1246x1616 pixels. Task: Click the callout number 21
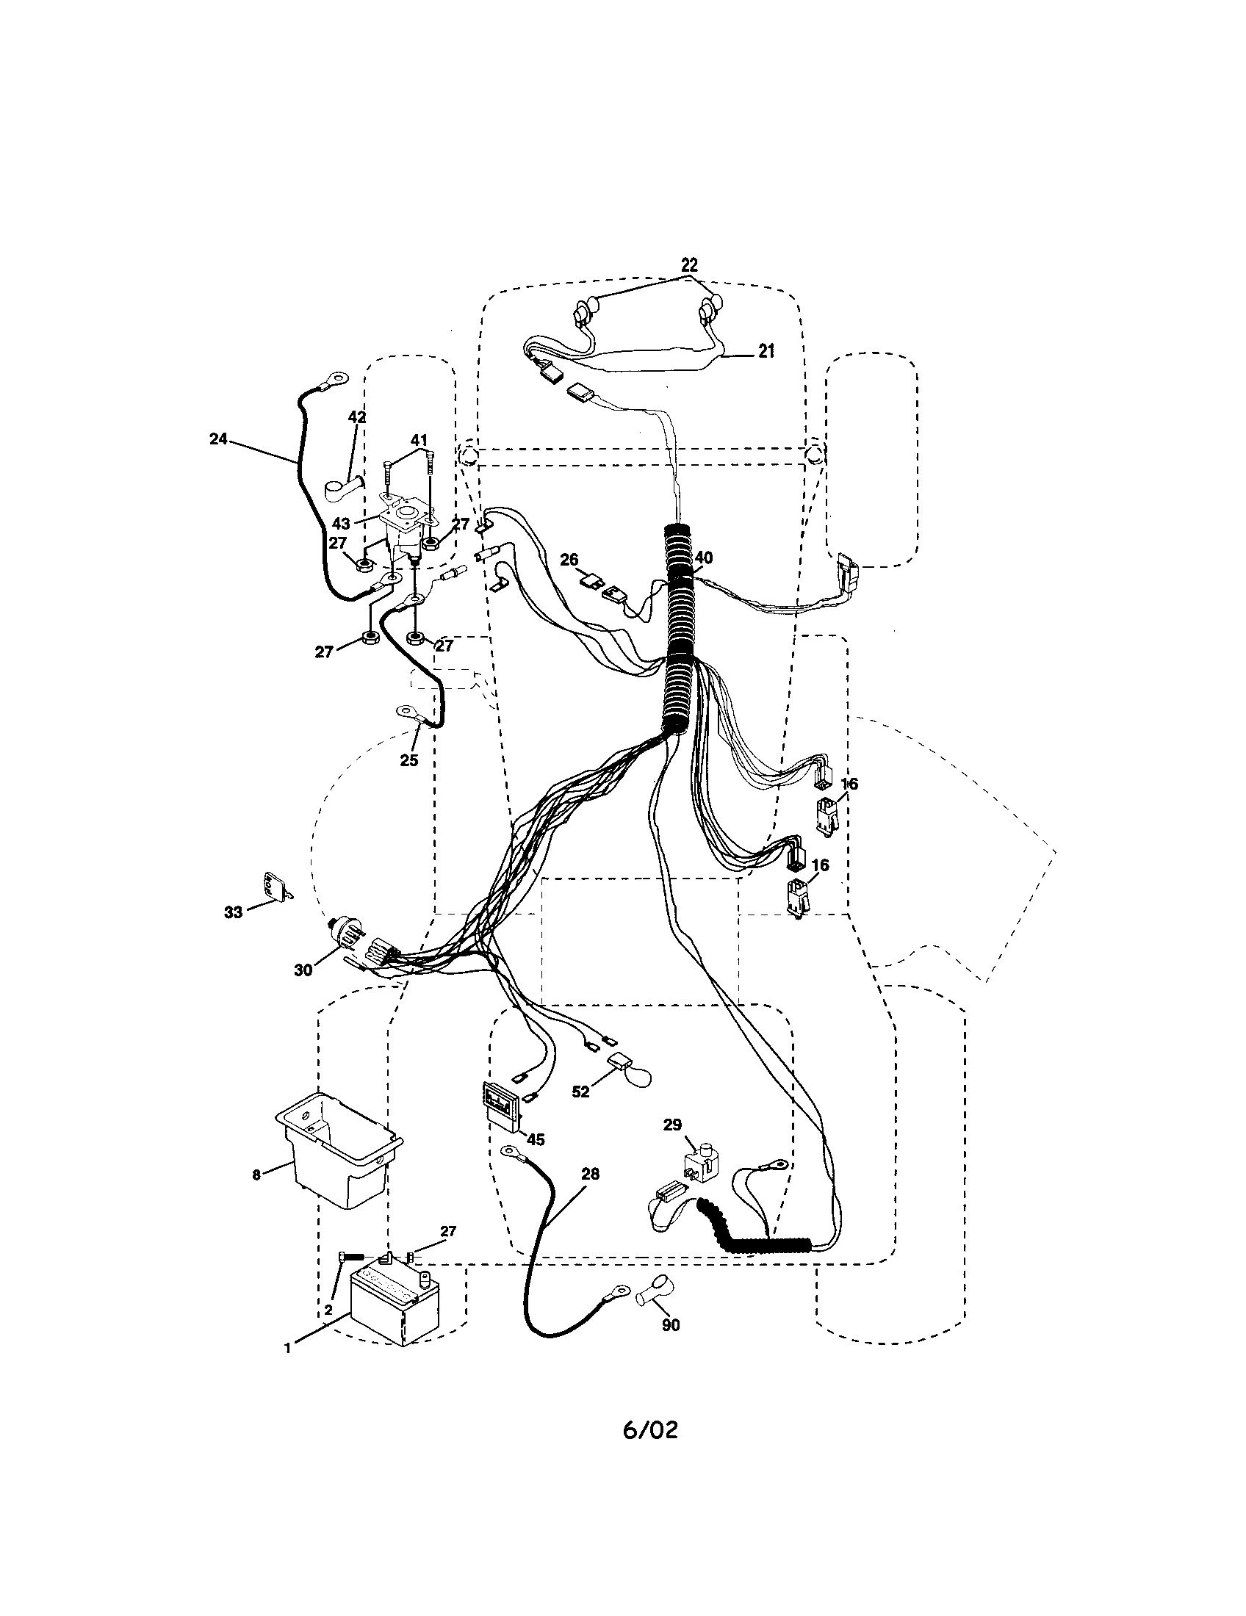click(x=766, y=351)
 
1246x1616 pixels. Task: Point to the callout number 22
click(x=689, y=265)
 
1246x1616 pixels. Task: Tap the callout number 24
click(x=218, y=439)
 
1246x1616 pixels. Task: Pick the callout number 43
click(x=341, y=524)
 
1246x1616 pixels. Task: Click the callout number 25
click(x=408, y=760)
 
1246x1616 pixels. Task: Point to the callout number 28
click(x=591, y=1174)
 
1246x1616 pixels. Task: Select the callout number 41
click(x=419, y=441)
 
